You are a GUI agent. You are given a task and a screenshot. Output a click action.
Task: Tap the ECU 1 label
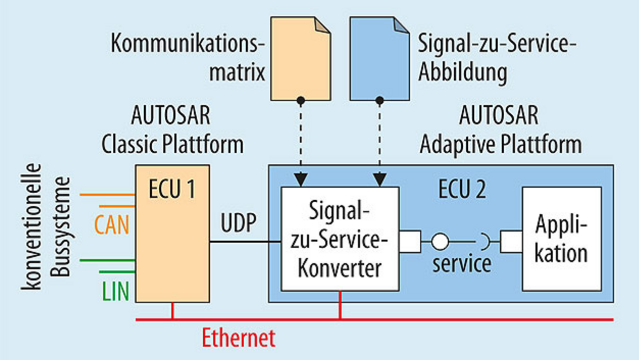click(172, 190)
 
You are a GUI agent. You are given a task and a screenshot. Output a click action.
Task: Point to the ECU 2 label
click(461, 190)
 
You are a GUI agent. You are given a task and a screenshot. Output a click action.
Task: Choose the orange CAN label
click(111, 226)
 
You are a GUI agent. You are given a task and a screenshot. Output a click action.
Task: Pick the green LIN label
click(115, 292)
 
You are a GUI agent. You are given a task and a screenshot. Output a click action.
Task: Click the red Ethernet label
click(239, 338)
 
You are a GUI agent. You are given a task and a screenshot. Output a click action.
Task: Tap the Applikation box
click(562, 239)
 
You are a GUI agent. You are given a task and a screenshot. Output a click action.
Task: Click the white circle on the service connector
click(440, 242)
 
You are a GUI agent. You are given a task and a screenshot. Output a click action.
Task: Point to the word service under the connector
click(462, 264)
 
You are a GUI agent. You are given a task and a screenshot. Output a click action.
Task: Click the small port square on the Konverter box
click(410, 242)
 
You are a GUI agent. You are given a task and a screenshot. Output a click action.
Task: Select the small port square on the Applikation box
click(511, 242)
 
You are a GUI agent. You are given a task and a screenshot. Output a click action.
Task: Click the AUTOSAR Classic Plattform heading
click(172, 130)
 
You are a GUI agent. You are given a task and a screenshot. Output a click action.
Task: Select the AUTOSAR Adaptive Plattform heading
click(500, 130)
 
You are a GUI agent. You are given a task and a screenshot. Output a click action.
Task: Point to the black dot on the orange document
click(301, 100)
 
